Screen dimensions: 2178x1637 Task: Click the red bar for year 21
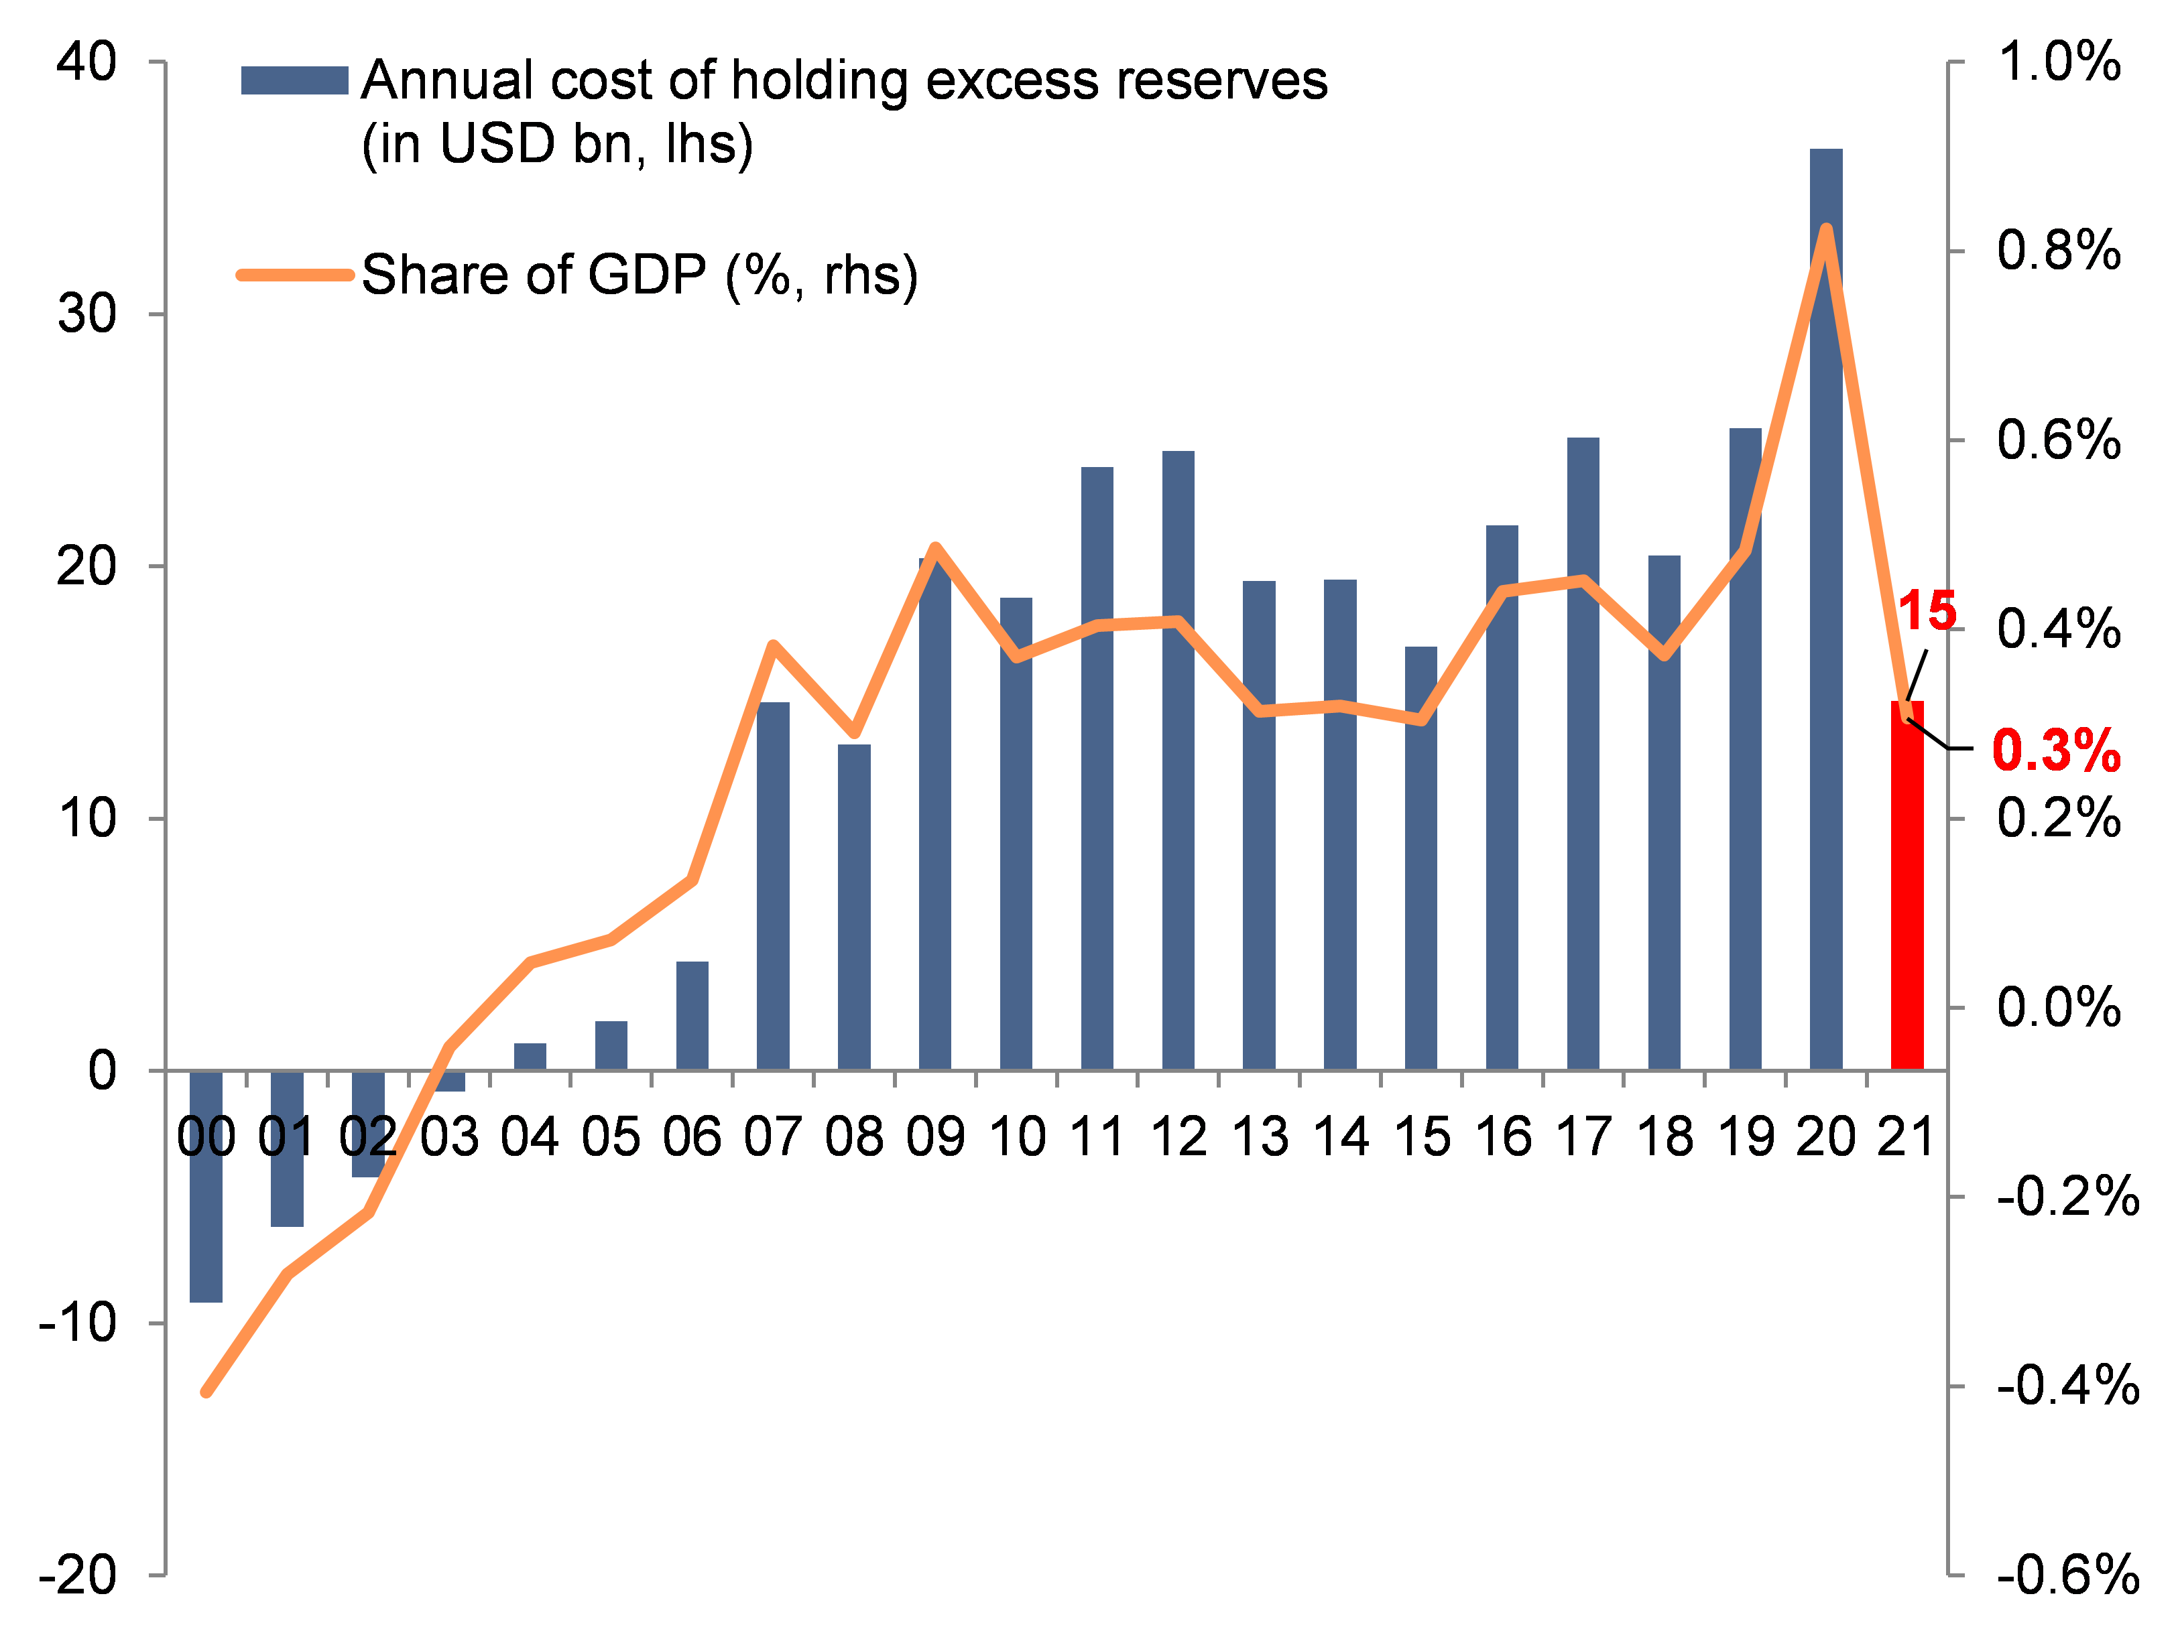(x=1907, y=886)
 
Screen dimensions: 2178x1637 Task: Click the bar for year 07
(x=773, y=886)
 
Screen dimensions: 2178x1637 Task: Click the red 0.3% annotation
(x=2056, y=750)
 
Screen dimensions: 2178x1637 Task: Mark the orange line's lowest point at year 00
(x=206, y=1392)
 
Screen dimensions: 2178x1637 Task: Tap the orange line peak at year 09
(x=935, y=547)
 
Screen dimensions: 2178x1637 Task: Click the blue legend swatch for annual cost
(x=294, y=80)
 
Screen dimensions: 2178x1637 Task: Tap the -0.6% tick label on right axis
(x=2067, y=1575)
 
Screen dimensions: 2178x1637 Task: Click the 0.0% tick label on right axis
(x=2058, y=1007)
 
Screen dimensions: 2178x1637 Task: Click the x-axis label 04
(x=530, y=1137)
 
